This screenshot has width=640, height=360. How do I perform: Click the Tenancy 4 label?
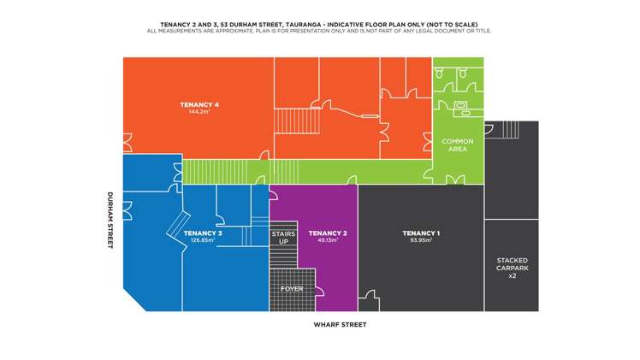[x=199, y=105]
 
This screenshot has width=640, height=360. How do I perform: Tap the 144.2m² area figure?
[x=199, y=112]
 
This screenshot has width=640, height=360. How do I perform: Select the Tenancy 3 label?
[x=203, y=233]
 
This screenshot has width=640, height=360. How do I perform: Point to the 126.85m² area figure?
[x=203, y=240]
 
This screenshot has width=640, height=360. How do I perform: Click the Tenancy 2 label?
[x=328, y=233]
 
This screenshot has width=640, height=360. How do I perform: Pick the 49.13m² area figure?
[x=328, y=240]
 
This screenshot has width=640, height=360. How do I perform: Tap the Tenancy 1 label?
[x=421, y=233]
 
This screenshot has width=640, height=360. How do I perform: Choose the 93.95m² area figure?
[x=421, y=240]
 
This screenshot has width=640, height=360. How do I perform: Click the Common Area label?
[x=458, y=145]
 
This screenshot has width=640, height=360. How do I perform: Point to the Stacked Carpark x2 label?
[x=513, y=268]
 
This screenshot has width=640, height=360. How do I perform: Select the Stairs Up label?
[x=283, y=238]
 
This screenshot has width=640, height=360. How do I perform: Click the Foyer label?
[x=292, y=289]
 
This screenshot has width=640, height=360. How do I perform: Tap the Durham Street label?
[x=110, y=220]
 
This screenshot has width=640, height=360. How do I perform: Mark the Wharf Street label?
[x=340, y=325]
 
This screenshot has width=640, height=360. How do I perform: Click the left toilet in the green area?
[x=439, y=74]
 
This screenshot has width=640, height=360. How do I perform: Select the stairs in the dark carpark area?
[x=511, y=130]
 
